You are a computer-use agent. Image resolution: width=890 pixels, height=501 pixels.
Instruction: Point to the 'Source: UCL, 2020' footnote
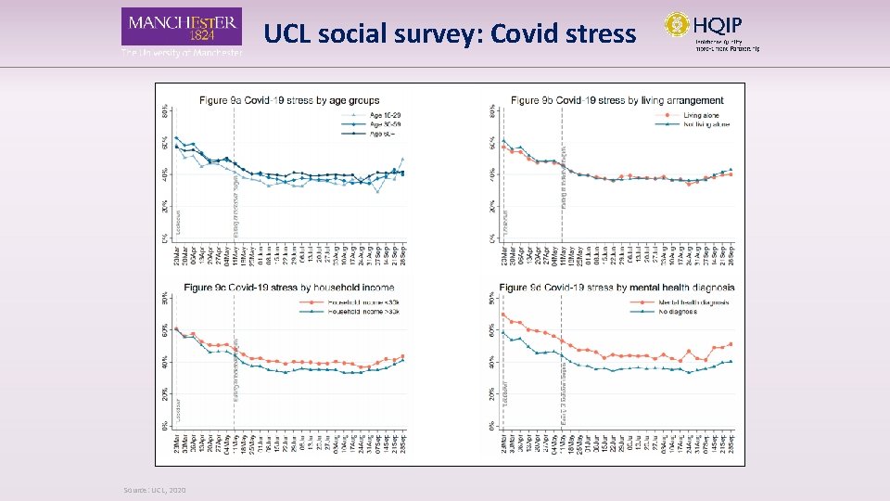tap(154, 490)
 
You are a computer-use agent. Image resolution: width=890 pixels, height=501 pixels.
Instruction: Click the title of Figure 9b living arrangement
tap(618, 99)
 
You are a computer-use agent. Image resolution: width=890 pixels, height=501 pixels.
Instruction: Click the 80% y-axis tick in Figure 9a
tap(165, 109)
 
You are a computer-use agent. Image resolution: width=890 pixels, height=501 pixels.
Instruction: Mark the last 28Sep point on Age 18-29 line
tap(402, 159)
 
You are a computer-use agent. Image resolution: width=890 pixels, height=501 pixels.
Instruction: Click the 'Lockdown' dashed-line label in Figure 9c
tap(179, 409)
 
